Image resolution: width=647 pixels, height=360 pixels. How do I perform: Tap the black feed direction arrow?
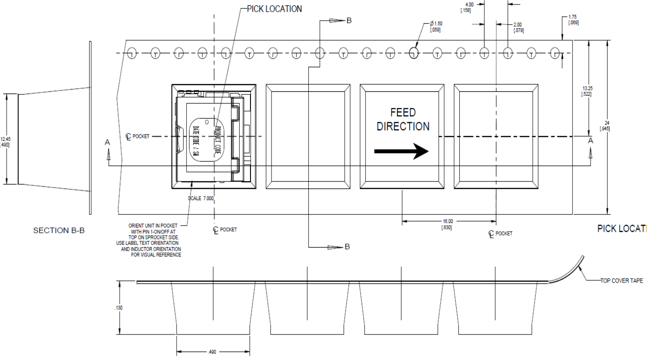(401, 151)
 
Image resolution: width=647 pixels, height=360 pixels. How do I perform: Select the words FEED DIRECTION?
(403, 120)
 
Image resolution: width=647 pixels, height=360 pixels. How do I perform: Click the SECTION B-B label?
(59, 231)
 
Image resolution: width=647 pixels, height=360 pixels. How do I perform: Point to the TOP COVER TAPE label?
(621, 281)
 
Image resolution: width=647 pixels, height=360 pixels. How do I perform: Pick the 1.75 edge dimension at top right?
(573, 20)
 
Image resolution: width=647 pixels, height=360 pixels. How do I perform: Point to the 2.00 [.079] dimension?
(518, 28)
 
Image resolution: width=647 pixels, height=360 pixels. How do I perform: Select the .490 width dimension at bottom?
(213, 352)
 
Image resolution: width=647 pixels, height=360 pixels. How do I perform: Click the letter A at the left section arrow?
(107, 142)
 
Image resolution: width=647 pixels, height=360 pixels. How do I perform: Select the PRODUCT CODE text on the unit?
(218, 140)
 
